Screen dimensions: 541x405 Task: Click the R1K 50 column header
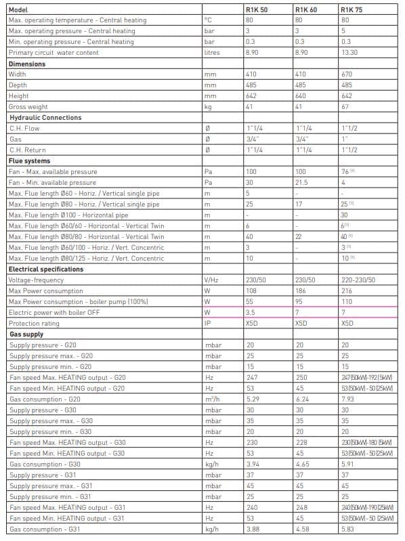(255, 9)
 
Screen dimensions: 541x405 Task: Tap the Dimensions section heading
(27, 64)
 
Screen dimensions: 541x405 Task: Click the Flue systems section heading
(29, 161)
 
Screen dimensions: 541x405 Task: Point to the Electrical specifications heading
(45, 269)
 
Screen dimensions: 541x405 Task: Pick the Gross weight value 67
(345, 107)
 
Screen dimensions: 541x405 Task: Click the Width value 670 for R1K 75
(347, 74)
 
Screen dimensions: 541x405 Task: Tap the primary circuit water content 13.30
(349, 53)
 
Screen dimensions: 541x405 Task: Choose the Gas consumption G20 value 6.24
(301, 399)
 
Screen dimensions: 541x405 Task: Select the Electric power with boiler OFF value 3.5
(251, 312)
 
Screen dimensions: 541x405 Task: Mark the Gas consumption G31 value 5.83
(347, 529)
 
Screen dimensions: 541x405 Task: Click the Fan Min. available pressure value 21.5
(301, 183)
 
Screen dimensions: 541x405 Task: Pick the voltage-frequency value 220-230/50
(357, 280)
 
